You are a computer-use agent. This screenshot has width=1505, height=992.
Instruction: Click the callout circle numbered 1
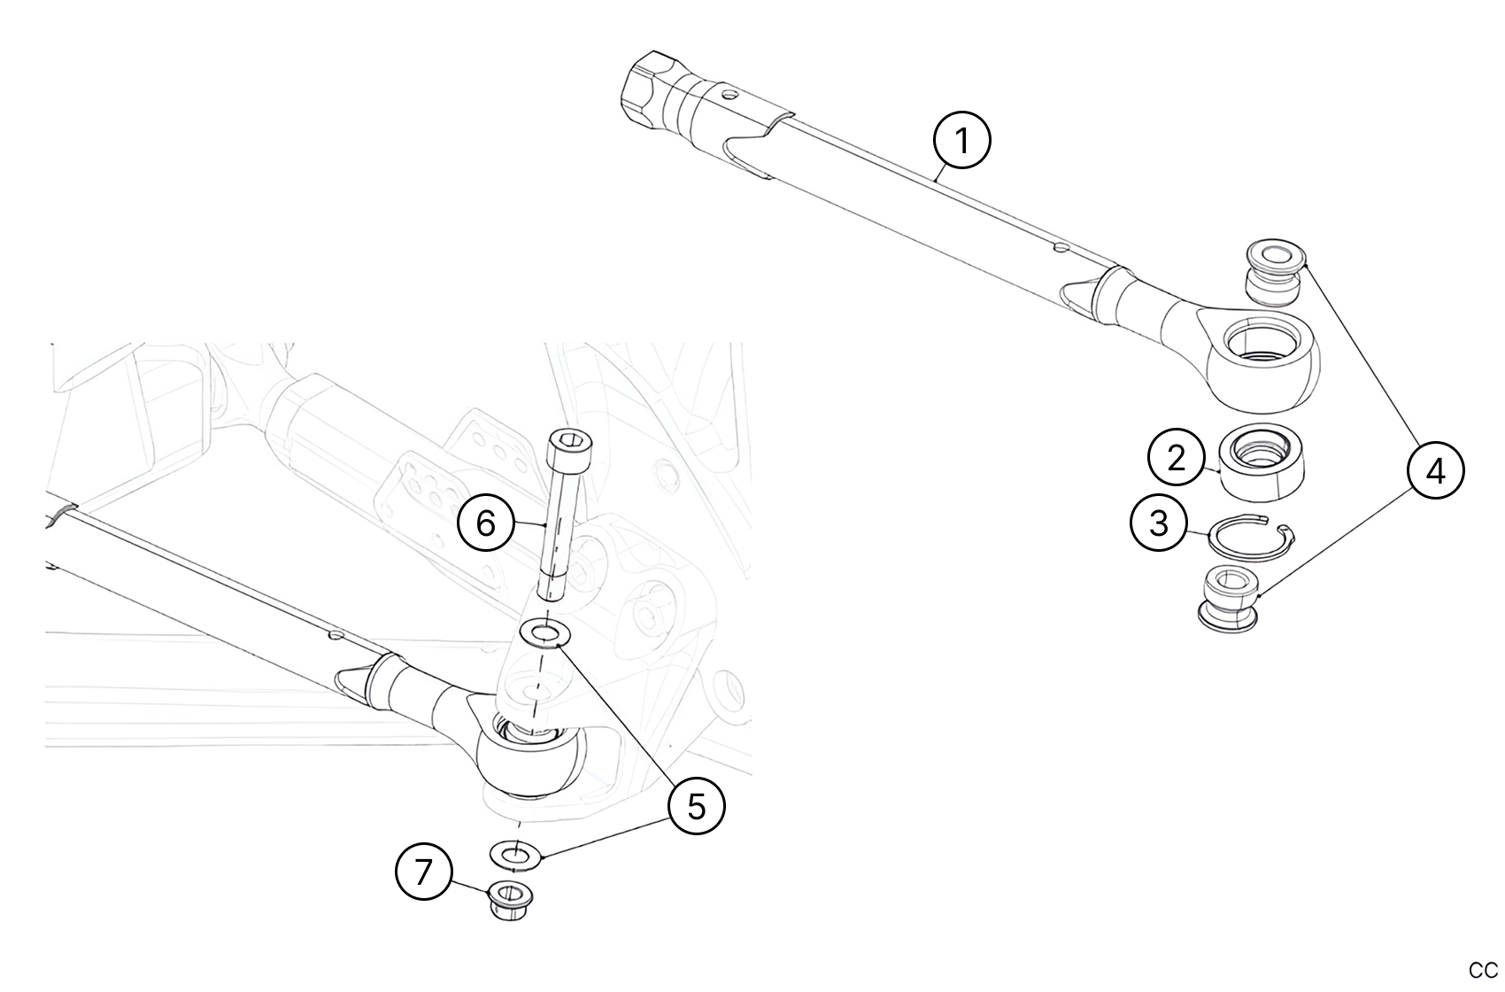(x=962, y=141)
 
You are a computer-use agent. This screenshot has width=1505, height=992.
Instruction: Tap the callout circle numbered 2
(x=1177, y=459)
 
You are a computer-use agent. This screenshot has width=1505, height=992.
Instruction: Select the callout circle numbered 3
(x=1159, y=523)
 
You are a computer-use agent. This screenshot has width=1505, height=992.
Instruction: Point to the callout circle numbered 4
(x=1435, y=470)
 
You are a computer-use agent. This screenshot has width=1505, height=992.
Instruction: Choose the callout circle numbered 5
(x=697, y=806)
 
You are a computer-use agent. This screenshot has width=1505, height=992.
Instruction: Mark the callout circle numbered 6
(x=486, y=523)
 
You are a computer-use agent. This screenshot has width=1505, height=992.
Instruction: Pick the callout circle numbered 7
(x=423, y=872)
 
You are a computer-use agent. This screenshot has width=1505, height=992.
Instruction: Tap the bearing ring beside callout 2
(x=1262, y=463)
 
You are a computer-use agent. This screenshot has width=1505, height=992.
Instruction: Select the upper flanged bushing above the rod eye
(x=1274, y=272)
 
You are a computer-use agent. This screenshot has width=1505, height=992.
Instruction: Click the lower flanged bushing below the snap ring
(x=1229, y=601)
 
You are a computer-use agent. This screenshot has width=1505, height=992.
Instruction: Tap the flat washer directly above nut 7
(x=514, y=855)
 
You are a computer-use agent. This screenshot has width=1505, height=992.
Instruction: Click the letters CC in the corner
(x=1483, y=971)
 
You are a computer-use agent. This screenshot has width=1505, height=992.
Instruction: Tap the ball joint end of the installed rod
(x=531, y=759)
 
